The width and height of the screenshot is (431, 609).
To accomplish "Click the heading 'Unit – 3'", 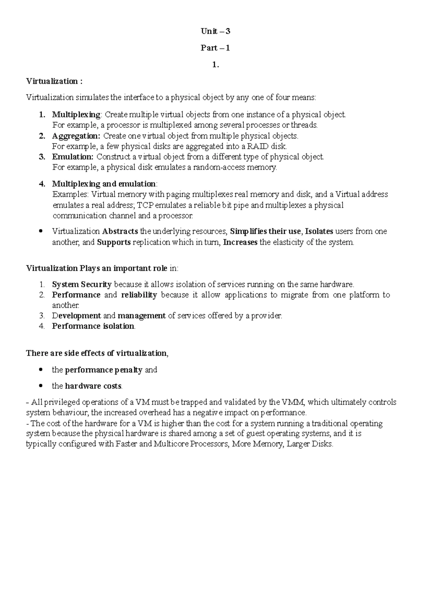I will tap(215, 32).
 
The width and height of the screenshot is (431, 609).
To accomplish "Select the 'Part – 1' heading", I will tap(215, 48).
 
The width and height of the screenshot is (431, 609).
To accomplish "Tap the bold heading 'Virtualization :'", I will tap(54, 81).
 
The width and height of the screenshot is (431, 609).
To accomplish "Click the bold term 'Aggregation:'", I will tap(76, 136).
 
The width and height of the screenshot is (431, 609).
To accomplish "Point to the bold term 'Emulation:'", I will tap(73, 157).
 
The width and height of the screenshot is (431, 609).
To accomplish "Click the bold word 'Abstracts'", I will tap(120, 231).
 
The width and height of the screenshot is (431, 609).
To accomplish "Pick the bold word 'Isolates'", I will tap(319, 231).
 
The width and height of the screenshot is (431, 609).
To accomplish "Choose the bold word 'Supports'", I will tap(114, 242).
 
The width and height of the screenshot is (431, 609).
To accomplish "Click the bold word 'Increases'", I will tap(240, 242).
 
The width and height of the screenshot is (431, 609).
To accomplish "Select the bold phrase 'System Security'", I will tap(82, 285).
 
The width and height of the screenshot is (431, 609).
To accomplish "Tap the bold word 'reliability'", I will tap(139, 295).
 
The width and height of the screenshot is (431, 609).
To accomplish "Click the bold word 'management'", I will tap(142, 316).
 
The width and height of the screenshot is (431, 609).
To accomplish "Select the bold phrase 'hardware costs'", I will tap(93, 386).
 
